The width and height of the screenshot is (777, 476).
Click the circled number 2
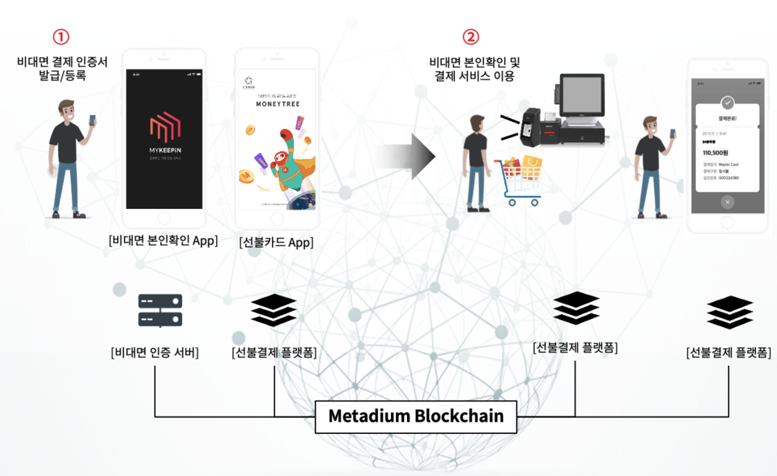click(470, 37)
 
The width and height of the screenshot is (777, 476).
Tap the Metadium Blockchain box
click(415, 416)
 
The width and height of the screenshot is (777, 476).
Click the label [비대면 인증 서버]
click(155, 352)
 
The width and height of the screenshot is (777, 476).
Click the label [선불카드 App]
click(276, 242)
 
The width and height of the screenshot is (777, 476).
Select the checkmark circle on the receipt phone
click(727, 103)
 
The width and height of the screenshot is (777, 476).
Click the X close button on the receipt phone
click(727, 202)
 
